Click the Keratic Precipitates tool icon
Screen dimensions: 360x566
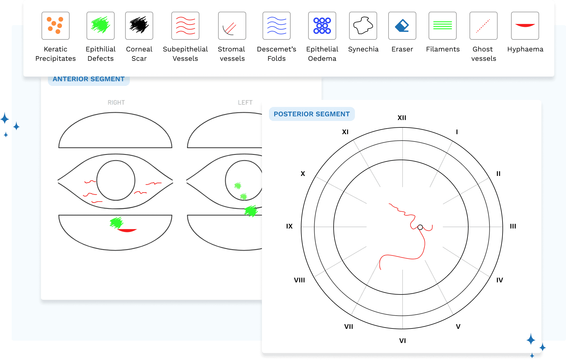coord(56,26)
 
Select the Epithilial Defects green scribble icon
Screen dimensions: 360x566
coord(101,26)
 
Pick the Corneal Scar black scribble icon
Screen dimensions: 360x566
coord(139,26)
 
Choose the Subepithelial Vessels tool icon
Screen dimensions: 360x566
coord(185,26)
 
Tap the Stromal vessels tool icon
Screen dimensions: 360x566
coord(232,26)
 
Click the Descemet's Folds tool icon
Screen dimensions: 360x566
coord(277,26)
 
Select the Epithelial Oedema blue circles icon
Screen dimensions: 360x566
coord(322,26)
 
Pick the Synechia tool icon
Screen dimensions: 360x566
coord(363,26)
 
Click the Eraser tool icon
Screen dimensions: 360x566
coord(402,26)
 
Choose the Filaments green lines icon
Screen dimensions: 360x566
coord(443,26)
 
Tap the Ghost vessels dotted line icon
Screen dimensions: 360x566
coord(484,26)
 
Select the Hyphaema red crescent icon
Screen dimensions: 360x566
coord(525,26)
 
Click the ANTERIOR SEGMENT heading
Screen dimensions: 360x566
coord(89,79)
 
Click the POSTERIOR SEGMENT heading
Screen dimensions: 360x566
coord(312,114)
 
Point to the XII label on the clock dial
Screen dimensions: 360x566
coord(402,118)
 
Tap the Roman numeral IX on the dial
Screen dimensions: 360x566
coord(289,226)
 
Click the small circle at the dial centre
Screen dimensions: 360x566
coord(420,227)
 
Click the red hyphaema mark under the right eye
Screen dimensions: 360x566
coord(127,231)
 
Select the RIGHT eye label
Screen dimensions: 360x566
coord(116,103)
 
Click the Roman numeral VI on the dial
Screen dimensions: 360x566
coord(403,341)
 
